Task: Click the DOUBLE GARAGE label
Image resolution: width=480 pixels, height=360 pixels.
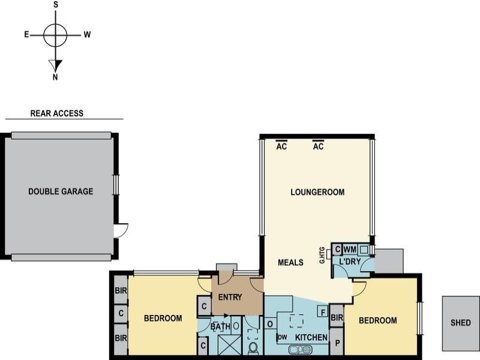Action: [x=61, y=191]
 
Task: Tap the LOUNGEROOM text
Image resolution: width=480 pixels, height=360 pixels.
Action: [x=317, y=192]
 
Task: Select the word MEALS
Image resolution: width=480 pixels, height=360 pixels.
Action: [x=290, y=262]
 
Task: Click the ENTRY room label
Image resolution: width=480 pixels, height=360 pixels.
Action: [x=230, y=297]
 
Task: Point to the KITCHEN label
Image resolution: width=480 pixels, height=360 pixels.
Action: [x=311, y=338]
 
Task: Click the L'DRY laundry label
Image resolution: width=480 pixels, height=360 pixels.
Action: [x=349, y=262]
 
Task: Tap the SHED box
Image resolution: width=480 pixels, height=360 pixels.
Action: [x=461, y=323]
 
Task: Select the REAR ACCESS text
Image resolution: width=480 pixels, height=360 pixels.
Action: [x=57, y=113]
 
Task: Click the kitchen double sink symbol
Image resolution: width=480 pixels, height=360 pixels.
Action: [x=300, y=349]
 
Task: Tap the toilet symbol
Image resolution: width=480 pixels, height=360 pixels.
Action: [x=253, y=348]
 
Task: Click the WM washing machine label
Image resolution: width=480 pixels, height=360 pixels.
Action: [x=350, y=249]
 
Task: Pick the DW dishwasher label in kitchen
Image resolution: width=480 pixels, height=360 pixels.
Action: [x=282, y=338]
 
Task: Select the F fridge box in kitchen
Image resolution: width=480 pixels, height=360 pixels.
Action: [x=322, y=311]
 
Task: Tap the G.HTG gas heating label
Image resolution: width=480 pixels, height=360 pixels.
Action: [x=322, y=254]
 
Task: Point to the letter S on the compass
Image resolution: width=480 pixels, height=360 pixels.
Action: [x=56, y=5]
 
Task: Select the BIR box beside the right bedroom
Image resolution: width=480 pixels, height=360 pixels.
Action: [x=336, y=317]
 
